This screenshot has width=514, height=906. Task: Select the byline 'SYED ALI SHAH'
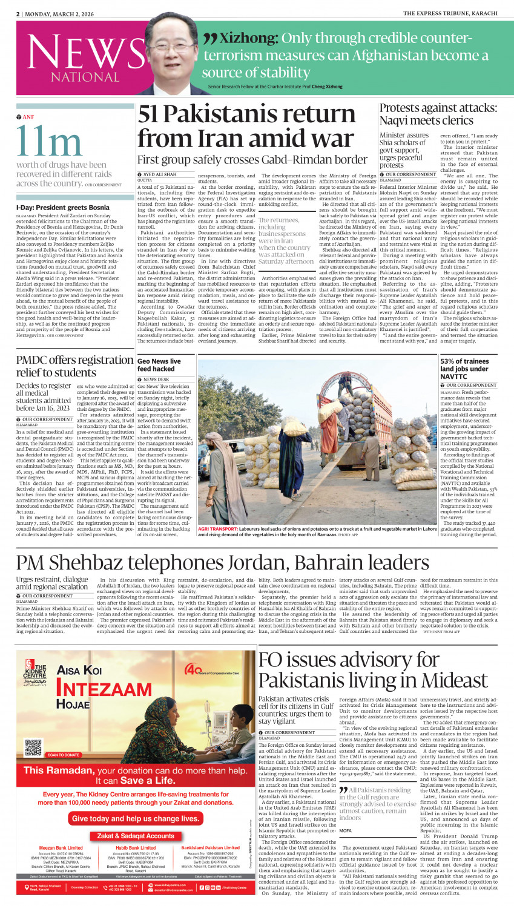160,174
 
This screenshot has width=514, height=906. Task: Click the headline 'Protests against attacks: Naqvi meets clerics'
438,114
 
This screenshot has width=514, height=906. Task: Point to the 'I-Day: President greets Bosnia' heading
63,208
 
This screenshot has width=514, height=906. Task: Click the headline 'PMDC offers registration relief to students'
74,366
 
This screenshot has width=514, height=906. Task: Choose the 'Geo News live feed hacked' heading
159,365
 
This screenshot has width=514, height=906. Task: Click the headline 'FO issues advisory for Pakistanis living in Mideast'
364,670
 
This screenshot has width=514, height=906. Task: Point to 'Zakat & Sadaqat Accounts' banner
136,836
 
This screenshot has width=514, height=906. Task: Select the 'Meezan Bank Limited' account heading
61,848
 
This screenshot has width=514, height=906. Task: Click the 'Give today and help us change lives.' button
136,818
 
